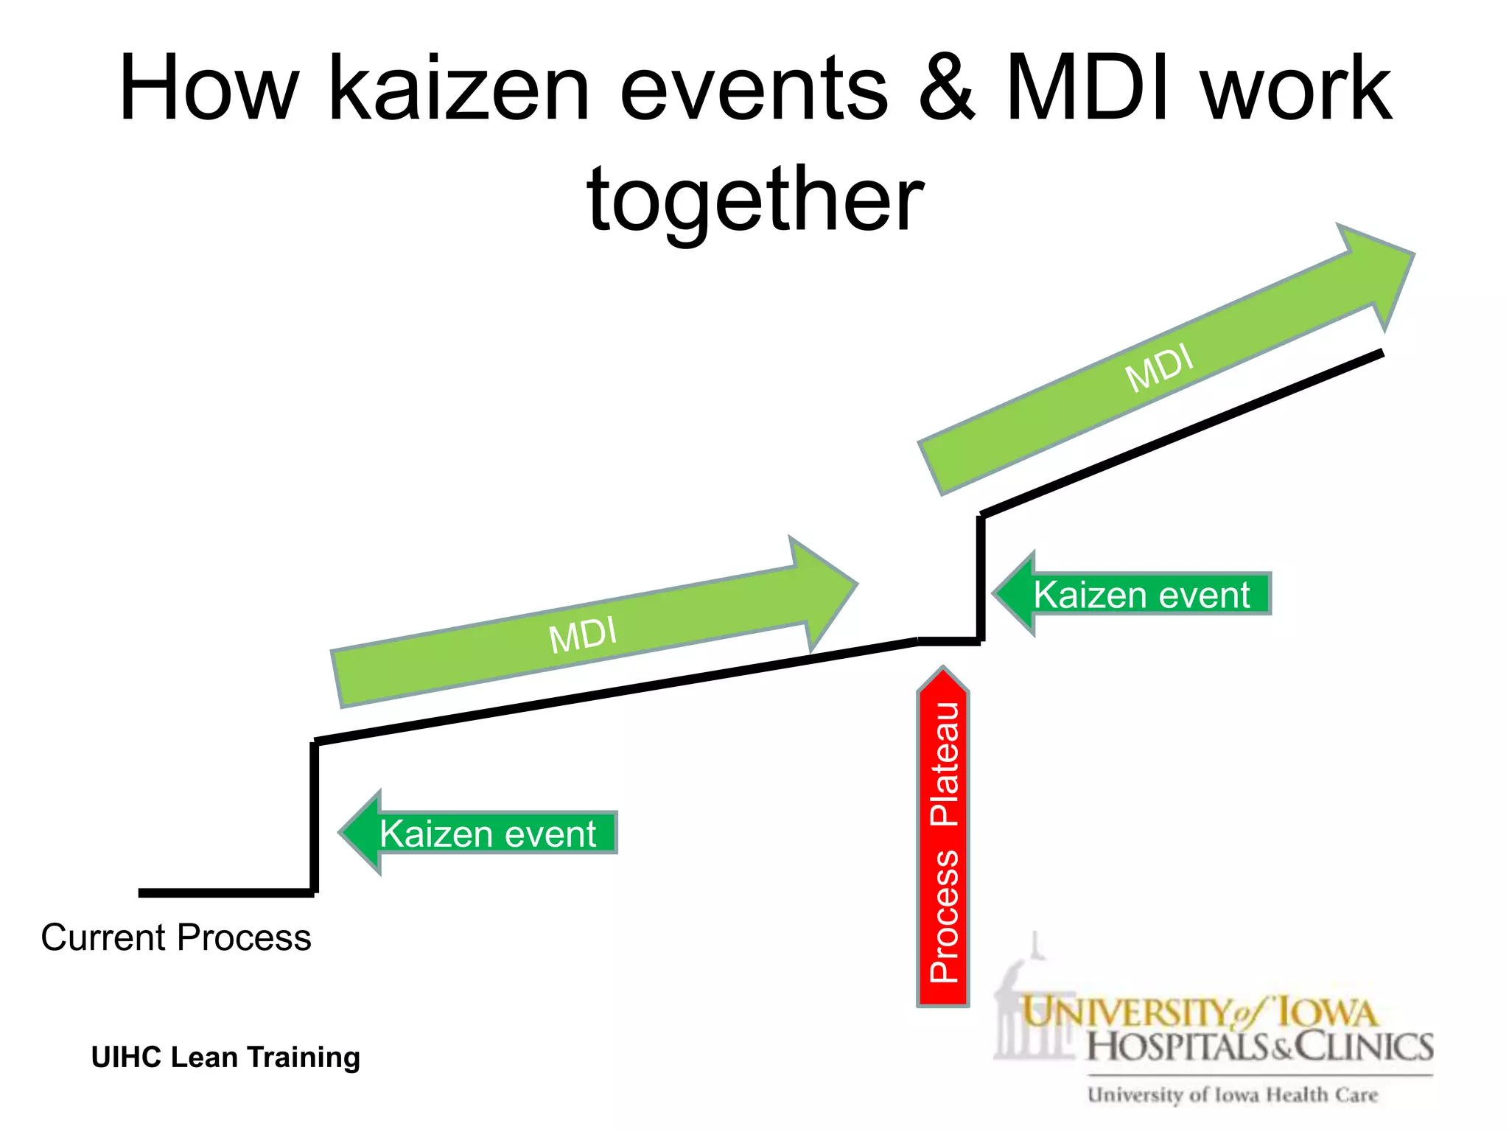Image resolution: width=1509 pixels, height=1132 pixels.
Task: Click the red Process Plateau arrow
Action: pyautogui.click(x=942, y=840)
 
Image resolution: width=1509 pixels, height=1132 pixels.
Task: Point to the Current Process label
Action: pyautogui.click(x=176, y=937)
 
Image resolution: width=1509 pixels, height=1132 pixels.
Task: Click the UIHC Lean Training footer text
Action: pyautogui.click(x=225, y=1057)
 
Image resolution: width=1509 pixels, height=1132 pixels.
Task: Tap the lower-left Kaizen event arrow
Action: pyautogui.click(x=479, y=833)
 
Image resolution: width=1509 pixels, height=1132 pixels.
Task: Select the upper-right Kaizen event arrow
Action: pyautogui.click(x=1135, y=594)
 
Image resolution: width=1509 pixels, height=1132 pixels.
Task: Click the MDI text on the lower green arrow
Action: pyautogui.click(x=582, y=634)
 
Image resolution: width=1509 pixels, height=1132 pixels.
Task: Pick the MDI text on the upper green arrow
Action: pyautogui.click(x=1159, y=368)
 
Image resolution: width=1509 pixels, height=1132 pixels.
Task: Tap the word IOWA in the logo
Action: pyautogui.click(x=1326, y=1013)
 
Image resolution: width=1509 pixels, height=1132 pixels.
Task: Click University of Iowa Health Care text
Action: pyautogui.click(x=1232, y=1095)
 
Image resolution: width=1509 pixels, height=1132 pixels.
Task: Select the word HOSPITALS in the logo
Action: pyautogui.click(x=1179, y=1047)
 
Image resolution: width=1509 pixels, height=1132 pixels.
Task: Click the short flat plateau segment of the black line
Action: pyautogui.click(x=949, y=642)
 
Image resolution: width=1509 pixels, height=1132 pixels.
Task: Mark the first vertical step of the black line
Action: pyautogui.click(x=315, y=818)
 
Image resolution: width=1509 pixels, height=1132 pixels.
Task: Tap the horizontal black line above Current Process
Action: pyautogui.click(x=225, y=893)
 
